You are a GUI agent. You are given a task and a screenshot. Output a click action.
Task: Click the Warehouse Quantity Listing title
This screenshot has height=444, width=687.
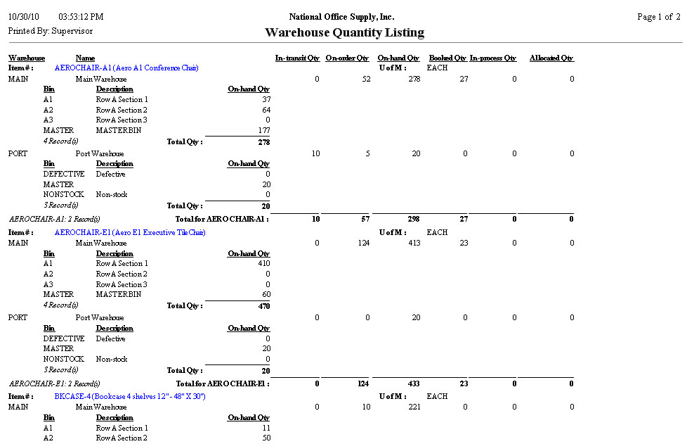344,32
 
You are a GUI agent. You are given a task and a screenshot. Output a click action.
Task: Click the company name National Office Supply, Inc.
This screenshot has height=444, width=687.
341,17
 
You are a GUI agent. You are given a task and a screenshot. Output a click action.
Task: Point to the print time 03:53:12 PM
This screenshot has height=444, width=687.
81,17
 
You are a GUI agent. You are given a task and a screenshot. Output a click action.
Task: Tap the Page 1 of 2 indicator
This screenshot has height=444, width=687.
658,17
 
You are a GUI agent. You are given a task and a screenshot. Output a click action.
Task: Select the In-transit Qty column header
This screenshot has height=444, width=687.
298,58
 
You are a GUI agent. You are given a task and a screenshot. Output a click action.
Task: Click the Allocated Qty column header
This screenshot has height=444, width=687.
551,58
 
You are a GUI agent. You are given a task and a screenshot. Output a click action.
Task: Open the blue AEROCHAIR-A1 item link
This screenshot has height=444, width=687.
126,68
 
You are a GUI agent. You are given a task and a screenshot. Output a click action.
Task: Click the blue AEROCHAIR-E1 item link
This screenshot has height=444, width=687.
130,232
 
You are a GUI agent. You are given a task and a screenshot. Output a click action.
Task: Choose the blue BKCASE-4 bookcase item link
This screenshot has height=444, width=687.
130,397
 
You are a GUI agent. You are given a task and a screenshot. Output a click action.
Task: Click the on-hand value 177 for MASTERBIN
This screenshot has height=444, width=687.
263,130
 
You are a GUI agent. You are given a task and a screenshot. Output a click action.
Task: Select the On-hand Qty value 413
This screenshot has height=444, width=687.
414,243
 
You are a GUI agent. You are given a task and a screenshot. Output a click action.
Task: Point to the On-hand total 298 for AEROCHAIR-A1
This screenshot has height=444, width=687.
414,220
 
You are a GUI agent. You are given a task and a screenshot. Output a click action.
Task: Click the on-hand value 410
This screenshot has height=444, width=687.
263,264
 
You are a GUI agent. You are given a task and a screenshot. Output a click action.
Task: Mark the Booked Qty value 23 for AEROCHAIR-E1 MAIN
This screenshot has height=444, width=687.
463,243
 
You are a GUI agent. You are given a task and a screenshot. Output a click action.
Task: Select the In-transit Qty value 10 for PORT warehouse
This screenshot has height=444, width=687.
315,154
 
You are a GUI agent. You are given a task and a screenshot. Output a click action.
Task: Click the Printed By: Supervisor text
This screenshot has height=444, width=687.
50,32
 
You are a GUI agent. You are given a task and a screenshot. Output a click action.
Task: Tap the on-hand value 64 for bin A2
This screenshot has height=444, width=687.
266,110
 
